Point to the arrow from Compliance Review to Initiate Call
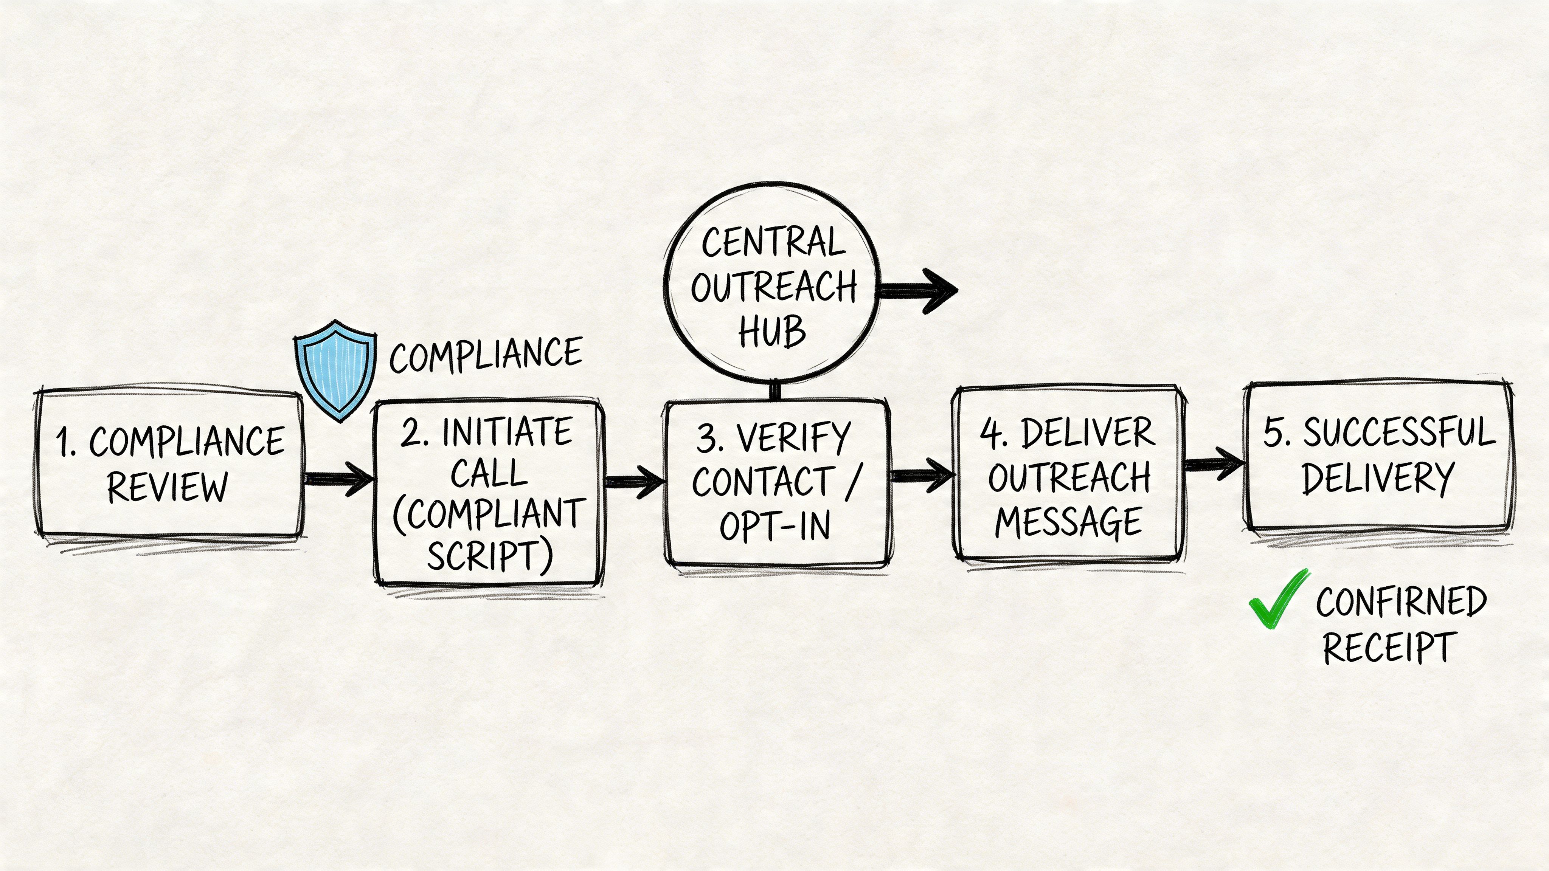338,479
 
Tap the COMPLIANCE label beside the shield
486,355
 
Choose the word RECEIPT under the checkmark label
1388,648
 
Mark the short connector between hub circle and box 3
775,391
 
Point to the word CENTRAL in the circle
773,243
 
